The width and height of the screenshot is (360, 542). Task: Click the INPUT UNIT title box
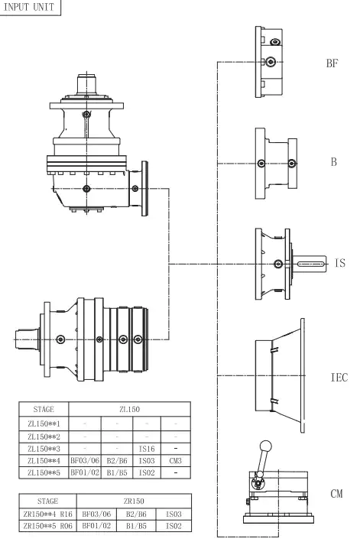coord(29,8)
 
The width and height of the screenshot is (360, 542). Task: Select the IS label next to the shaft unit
coord(340,263)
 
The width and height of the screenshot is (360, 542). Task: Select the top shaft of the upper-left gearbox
coord(89,83)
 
